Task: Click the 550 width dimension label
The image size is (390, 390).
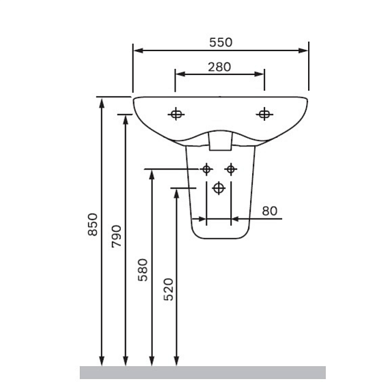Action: click(x=221, y=42)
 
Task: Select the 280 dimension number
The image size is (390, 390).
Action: click(x=219, y=67)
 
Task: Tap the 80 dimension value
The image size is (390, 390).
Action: click(x=270, y=211)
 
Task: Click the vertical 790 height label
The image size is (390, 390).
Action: click(x=116, y=236)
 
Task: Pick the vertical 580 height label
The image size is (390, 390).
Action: click(x=143, y=270)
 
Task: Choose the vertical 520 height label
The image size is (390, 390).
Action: click(x=169, y=290)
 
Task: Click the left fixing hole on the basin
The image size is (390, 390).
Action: click(x=176, y=114)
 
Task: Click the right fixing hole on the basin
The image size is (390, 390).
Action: click(x=264, y=114)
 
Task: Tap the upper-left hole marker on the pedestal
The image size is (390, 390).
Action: click(x=206, y=169)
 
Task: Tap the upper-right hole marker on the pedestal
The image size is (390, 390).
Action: click(x=231, y=169)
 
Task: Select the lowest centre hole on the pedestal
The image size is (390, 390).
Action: click(x=219, y=188)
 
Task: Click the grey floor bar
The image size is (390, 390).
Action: click(x=202, y=372)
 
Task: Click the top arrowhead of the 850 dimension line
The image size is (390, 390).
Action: click(x=102, y=102)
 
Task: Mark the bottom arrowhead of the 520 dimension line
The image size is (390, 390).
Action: click(x=176, y=361)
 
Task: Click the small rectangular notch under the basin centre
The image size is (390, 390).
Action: click(x=219, y=141)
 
